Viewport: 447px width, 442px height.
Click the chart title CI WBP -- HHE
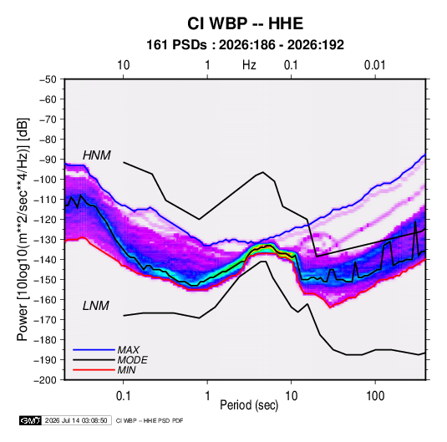245,23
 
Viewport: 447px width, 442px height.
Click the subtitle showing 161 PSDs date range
245,45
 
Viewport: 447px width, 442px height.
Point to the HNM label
97,155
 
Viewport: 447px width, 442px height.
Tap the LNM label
96,306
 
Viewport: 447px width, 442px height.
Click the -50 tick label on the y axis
48,79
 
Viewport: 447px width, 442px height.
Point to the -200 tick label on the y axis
45,380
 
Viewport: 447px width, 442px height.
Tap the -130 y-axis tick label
45,240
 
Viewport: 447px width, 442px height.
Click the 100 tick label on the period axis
375,396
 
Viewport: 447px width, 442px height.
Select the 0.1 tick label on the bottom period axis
123,396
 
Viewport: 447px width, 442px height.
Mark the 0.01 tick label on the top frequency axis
374,65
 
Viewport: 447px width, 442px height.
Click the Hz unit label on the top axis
249,65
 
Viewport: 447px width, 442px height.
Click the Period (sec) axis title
249,405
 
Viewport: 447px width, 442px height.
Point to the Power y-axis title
23,229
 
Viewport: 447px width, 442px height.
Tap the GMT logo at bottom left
30,420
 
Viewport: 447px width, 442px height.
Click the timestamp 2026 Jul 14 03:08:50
76,420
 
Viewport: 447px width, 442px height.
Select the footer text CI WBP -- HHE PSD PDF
150,420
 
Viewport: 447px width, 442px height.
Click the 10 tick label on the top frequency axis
124,65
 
